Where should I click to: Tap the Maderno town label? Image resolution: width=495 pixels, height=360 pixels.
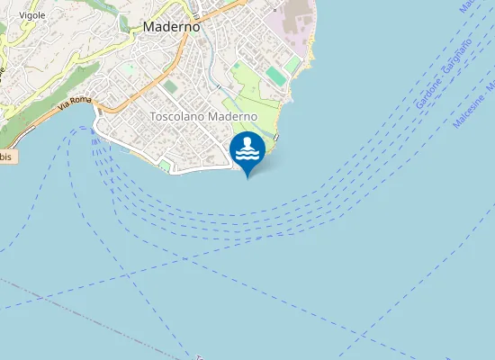(171, 27)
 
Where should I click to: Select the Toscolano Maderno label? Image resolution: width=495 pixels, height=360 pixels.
(203, 117)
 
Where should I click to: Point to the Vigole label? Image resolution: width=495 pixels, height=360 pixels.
(32, 15)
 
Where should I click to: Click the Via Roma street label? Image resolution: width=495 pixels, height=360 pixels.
(76, 104)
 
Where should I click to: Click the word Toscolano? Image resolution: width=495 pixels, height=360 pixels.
(177, 117)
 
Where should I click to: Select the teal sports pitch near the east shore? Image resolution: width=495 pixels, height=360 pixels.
(275, 76)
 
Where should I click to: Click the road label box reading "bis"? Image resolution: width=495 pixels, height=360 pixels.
(7, 157)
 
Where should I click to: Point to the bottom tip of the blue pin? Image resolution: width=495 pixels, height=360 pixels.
(247, 176)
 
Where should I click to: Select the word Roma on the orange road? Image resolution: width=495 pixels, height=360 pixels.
(82, 102)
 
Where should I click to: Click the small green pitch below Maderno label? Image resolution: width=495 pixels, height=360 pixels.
(170, 86)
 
